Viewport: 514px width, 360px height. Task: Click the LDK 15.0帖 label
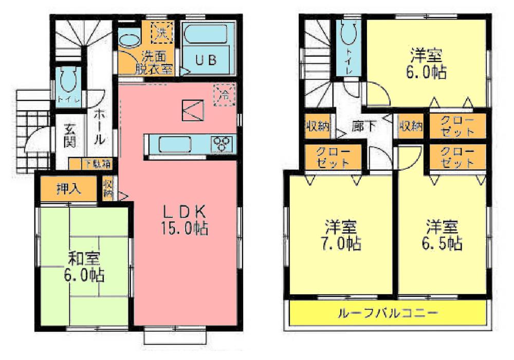click(x=185, y=219)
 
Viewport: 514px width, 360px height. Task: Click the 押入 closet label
click(x=68, y=189)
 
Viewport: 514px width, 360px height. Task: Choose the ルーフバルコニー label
click(x=388, y=313)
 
